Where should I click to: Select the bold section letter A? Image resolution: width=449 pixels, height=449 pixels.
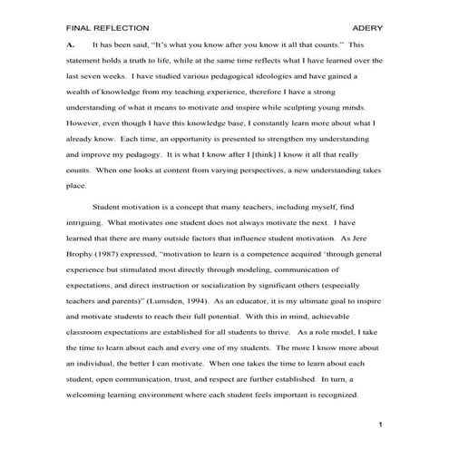click(x=71, y=44)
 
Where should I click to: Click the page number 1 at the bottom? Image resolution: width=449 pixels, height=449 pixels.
click(x=381, y=425)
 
